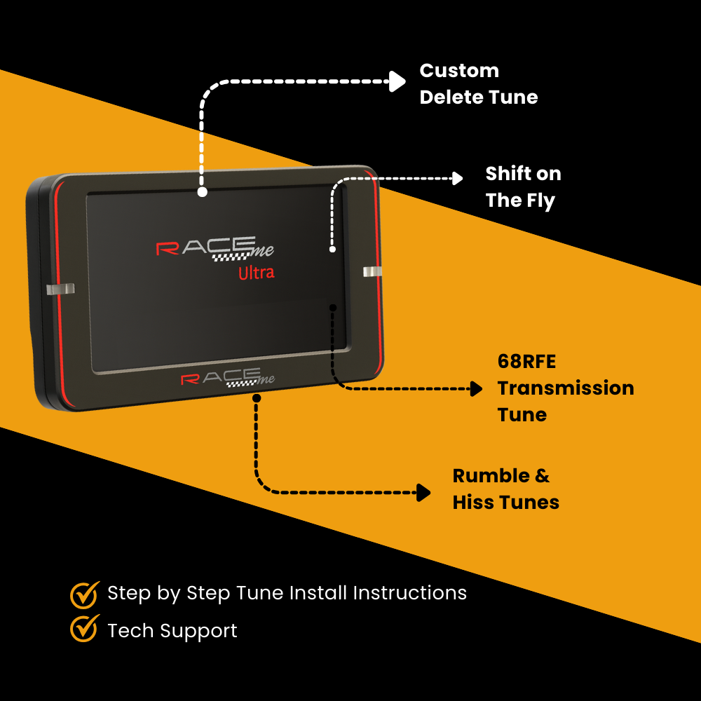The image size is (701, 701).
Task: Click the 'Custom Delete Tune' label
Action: click(x=479, y=84)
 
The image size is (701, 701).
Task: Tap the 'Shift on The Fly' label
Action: click(x=523, y=187)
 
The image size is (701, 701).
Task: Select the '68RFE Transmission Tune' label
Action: click(x=565, y=388)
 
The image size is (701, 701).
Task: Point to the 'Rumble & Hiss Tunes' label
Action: click(x=505, y=489)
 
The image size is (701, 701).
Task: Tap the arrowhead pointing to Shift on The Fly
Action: click(x=457, y=178)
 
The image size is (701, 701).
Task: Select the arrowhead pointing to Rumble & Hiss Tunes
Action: click(x=423, y=492)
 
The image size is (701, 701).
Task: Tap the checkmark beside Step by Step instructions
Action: click(x=84, y=593)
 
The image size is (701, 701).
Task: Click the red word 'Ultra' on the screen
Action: click(x=256, y=273)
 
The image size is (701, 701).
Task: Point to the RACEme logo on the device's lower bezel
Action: click(x=228, y=379)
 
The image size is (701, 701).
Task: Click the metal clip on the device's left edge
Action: click(x=59, y=290)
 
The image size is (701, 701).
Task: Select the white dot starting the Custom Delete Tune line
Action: click(x=202, y=191)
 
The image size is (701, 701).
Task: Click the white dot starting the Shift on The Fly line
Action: click(x=332, y=249)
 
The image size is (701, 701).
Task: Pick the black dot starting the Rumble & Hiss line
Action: click(x=257, y=398)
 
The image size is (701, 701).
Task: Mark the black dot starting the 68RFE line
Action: click(x=333, y=307)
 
